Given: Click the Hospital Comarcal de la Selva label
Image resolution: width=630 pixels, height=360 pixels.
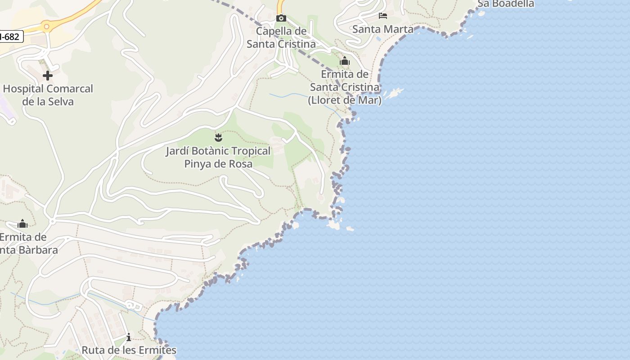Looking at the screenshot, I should click(48, 95).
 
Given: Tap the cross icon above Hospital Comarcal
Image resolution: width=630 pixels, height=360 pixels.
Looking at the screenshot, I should click(47, 76).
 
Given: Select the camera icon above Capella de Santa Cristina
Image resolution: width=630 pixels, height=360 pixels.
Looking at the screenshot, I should click(281, 18).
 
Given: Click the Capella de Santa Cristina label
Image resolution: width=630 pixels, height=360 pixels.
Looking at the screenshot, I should click(281, 38).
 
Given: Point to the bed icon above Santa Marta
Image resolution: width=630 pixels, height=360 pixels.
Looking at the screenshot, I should click(383, 16).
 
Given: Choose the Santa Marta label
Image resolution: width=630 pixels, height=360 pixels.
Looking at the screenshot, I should click(383, 29).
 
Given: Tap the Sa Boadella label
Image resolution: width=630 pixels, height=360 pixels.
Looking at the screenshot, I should click(505, 4).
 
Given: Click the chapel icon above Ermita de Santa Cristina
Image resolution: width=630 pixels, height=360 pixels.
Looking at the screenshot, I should click(345, 61).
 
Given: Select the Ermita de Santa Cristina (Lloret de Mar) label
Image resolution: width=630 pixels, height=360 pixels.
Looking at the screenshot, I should click(345, 87).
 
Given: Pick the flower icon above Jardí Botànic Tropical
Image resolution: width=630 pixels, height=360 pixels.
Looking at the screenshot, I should click(219, 137).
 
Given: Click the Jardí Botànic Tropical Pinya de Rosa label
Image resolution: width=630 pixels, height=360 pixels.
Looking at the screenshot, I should click(218, 157).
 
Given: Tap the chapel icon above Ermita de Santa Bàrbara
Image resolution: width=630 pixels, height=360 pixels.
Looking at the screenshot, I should click(22, 224).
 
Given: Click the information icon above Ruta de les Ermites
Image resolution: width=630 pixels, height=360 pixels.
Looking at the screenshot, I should click(129, 337).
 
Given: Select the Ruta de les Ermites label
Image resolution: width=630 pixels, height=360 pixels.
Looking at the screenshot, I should click(129, 350).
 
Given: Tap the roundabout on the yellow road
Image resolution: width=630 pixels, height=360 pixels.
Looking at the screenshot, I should click(46, 27).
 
